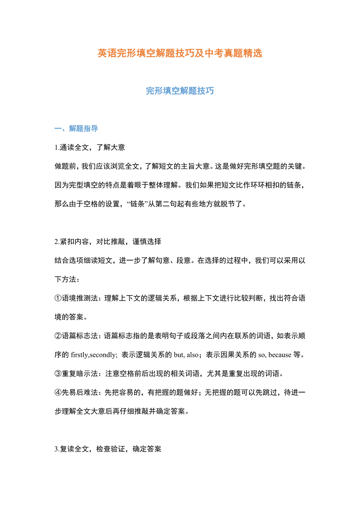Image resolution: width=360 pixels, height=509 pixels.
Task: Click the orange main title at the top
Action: pos(180,53)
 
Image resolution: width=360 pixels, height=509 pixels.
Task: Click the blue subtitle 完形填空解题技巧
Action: pos(180,91)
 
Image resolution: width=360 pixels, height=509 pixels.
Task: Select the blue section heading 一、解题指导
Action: pos(76,129)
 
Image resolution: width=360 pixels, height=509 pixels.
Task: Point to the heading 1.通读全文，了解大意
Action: pos(90,147)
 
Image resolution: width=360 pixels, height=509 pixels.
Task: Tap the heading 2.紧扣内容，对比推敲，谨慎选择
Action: pos(108,242)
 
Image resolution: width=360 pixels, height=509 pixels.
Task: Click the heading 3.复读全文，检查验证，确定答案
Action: pos(108,449)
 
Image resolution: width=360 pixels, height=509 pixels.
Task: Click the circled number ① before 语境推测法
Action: pos(58,298)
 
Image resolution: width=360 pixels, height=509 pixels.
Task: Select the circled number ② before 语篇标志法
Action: pos(58,336)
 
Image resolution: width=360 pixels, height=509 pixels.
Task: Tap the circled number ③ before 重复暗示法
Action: pos(58,374)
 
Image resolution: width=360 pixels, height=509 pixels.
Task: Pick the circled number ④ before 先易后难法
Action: pos(58,393)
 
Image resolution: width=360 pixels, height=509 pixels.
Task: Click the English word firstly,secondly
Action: pos(94,355)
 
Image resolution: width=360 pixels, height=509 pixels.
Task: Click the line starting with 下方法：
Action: pos(68,280)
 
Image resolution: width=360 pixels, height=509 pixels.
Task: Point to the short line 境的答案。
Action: pos(71,317)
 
